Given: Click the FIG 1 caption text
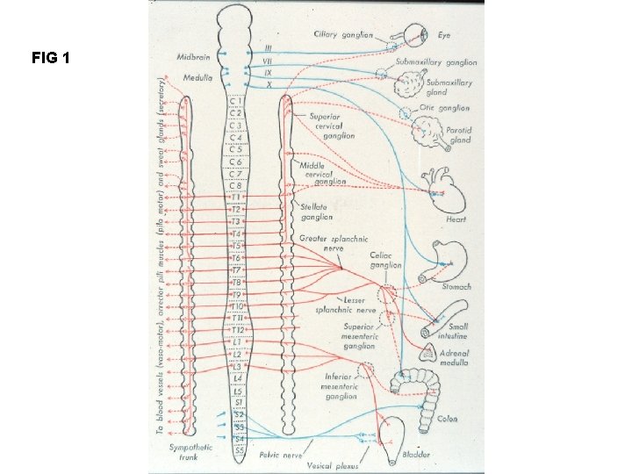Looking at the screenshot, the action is (50, 59).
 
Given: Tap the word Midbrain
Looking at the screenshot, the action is (193, 55).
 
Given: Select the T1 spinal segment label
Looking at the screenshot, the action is (235, 197).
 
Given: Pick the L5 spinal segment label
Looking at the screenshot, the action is (236, 389).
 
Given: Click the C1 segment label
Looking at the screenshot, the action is (235, 102).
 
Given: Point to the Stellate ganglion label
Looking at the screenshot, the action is (316, 212).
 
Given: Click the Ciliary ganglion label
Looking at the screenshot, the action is (343, 35).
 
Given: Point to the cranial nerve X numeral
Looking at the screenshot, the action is (269, 83).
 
